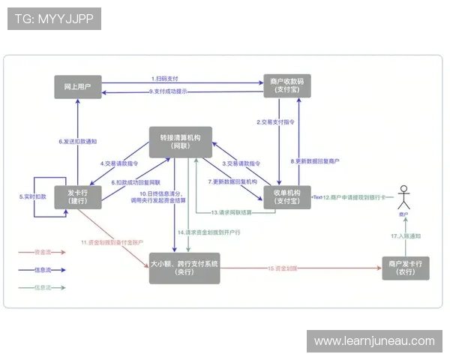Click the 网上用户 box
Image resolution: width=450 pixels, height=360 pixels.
[78, 86]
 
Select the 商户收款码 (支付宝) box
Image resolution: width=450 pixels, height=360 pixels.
[284, 86]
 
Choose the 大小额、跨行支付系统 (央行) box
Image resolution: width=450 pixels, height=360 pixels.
[184, 268]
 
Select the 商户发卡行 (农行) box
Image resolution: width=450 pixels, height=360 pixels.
[406, 268]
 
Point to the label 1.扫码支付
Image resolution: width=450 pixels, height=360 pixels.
[164, 79]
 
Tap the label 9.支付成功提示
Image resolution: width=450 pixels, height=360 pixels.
[169, 91]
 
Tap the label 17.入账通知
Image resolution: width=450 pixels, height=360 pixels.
[405, 236]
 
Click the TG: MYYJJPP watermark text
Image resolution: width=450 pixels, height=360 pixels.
[53, 19]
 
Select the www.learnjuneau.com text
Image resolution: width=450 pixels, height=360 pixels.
[374, 341]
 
